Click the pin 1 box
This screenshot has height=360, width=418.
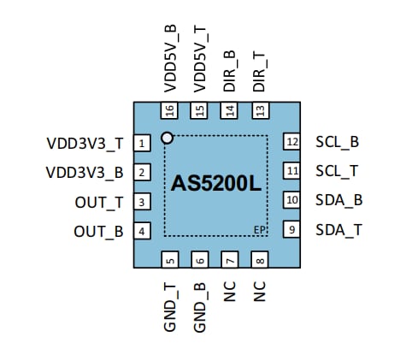142,143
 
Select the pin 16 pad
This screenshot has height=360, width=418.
170,111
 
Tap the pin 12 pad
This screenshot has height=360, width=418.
292,142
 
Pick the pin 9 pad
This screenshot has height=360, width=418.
292,229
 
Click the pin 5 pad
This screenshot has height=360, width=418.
170,261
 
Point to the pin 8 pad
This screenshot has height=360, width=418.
259,261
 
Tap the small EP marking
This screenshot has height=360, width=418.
259,229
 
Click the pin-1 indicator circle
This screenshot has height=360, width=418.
168,137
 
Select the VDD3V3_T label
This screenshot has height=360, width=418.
85,143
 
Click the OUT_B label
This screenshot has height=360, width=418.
98,231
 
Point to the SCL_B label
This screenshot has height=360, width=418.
337,142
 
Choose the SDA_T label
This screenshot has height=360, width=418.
338,229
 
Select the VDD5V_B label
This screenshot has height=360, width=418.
170,61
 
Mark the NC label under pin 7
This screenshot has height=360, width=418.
229,291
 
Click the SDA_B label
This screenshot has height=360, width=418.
339,200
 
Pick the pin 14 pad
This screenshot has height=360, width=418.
229,111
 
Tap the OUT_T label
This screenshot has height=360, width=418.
98,202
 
